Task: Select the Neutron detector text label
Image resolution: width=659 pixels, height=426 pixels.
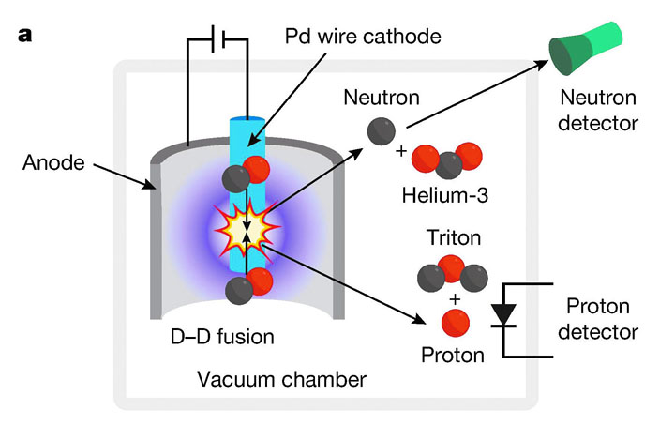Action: pos(598,109)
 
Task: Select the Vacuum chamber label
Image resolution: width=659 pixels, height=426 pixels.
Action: pos(281,379)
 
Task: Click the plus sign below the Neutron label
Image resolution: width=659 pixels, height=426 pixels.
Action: pos(401,150)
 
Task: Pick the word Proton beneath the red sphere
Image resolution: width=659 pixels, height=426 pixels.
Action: pos(453,356)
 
